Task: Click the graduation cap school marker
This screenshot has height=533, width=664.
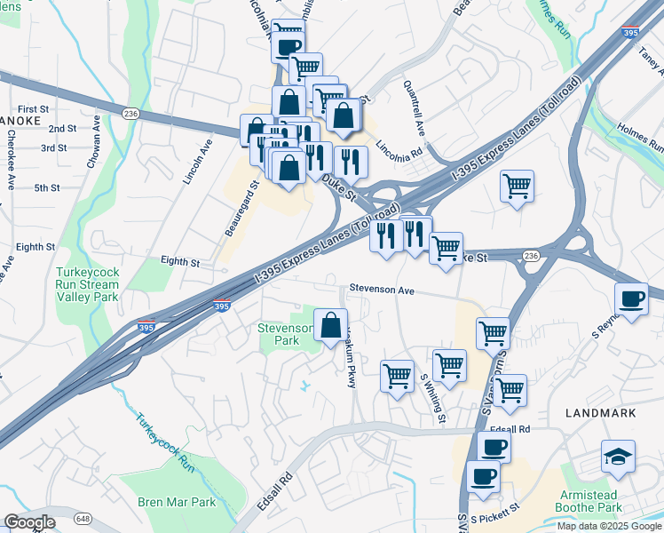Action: point(618,457)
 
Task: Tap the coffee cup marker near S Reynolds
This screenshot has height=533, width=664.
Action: point(632,299)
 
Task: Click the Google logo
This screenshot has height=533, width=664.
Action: point(30,522)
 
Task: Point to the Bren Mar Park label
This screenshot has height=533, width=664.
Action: point(177,502)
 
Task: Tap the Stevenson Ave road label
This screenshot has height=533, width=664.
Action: point(382,290)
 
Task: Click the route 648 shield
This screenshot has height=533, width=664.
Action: point(83,518)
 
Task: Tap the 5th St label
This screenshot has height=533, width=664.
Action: point(46,188)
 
